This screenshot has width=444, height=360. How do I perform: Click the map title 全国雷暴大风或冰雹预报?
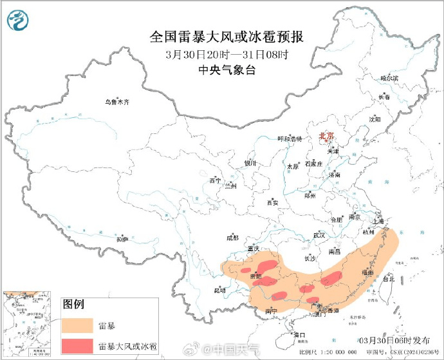pyautogui.click(x=227, y=37)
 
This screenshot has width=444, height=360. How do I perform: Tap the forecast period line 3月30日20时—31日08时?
pyautogui.click(x=227, y=54)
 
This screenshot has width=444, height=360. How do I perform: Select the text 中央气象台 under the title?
pyautogui.click(x=227, y=70)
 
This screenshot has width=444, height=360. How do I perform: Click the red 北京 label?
pyautogui.click(x=328, y=136)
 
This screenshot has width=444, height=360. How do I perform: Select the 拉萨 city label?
pyautogui.click(x=122, y=239)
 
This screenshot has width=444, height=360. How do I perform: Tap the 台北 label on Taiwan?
pyautogui.click(x=388, y=279)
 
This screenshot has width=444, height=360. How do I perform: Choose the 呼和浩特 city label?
pyautogui.click(x=290, y=138)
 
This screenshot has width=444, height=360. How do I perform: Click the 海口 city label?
pyautogui.click(x=299, y=335)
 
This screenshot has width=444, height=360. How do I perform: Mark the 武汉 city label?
pyautogui.click(x=318, y=235)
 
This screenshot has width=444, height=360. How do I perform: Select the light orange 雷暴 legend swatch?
pyautogui.click(x=78, y=325)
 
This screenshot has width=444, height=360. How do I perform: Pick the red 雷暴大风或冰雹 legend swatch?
pyautogui.click(x=78, y=346)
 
